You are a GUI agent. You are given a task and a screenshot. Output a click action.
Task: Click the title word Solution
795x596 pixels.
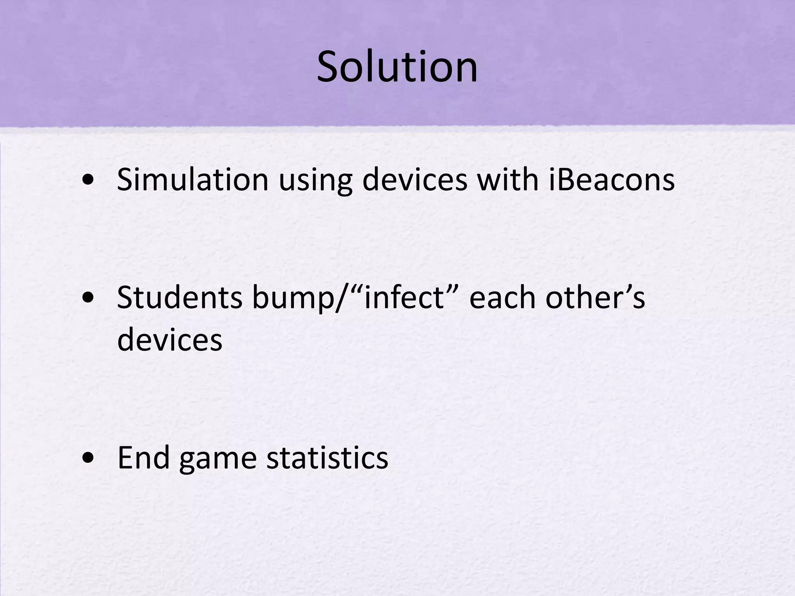coord(397,67)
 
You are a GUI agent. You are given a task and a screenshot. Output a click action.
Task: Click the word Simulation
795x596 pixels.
coord(193,179)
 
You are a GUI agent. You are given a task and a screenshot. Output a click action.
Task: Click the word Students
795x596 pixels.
coord(180,298)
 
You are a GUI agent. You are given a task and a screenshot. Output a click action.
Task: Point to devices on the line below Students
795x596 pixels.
coord(170,340)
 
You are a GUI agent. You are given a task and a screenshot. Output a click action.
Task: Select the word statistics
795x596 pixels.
coord(327,457)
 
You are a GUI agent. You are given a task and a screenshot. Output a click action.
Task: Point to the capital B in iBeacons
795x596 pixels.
coord(566,179)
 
